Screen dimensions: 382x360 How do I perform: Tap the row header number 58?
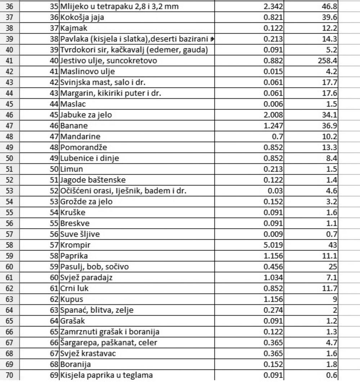(x=9, y=245)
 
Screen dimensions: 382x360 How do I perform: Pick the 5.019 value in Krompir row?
(x=273, y=245)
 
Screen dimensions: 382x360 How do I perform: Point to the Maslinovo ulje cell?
(x=87, y=71)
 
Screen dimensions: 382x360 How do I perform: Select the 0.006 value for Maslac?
(x=273, y=104)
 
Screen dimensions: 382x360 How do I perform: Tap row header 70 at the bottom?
(x=9, y=375)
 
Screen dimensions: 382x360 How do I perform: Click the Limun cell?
(x=71, y=169)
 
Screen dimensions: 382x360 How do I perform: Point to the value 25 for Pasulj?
(x=333, y=267)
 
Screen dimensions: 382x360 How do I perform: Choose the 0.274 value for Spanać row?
(x=273, y=310)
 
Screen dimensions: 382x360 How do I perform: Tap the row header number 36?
(x=9, y=6)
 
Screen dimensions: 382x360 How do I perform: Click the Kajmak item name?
(x=74, y=28)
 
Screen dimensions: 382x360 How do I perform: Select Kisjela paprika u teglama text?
(x=106, y=375)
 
